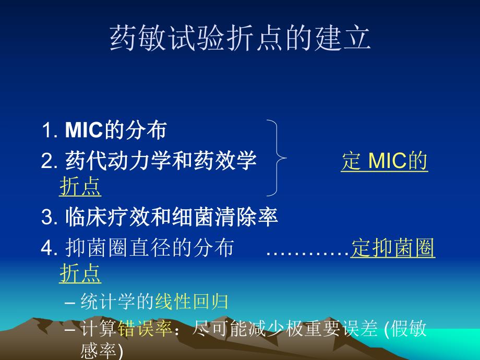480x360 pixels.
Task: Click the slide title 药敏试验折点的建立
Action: click(240, 39)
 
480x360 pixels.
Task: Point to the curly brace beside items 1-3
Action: click(277, 158)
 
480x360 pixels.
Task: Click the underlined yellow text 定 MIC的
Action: click(385, 162)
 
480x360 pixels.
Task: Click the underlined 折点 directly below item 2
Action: click(80, 187)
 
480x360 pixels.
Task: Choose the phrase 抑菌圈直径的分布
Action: click(150, 249)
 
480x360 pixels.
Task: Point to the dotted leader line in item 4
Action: click(307, 251)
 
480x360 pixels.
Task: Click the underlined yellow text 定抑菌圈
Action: click(393, 249)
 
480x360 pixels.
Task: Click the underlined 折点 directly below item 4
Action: click(80, 274)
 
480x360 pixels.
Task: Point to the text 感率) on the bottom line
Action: click(102, 351)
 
